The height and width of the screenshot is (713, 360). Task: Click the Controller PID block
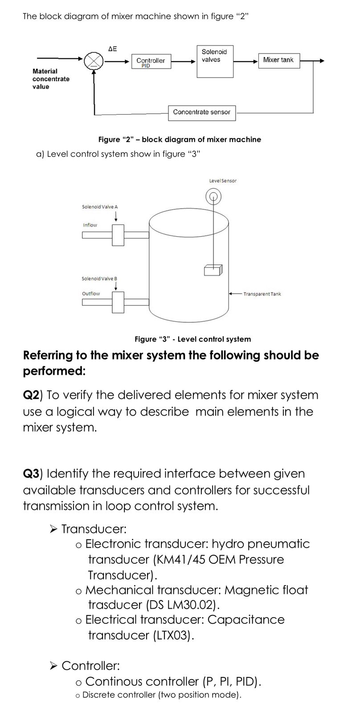click(x=151, y=61)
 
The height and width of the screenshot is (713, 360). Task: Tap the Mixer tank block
click(x=279, y=60)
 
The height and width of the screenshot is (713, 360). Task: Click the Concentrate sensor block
click(x=201, y=112)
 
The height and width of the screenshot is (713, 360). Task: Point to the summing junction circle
click(x=94, y=61)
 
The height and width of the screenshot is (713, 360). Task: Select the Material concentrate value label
click(x=51, y=79)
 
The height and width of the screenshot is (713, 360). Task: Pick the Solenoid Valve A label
click(x=100, y=207)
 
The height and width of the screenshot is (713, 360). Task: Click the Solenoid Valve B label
click(x=99, y=279)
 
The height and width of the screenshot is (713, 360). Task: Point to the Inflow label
click(x=90, y=225)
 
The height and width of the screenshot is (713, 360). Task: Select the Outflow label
click(x=91, y=294)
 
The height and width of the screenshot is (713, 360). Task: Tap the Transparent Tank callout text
click(x=262, y=294)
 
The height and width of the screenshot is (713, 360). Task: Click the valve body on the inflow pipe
click(x=118, y=235)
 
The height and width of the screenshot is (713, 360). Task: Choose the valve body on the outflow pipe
click(x=118, y=303)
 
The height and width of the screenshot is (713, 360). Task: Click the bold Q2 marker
click(x=31, y=395)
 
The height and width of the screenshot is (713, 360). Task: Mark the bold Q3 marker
click(x=31, y=474)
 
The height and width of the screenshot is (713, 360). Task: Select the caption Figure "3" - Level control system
click(x=192, y=339)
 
